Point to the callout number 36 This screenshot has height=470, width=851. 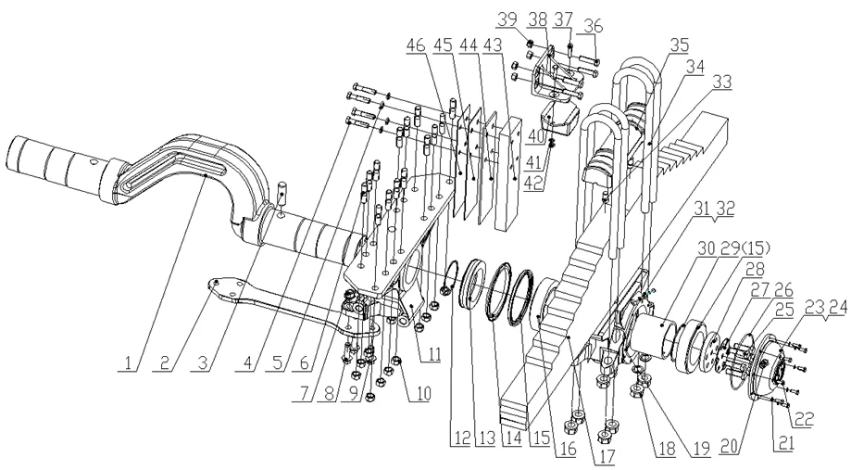(594, 26)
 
